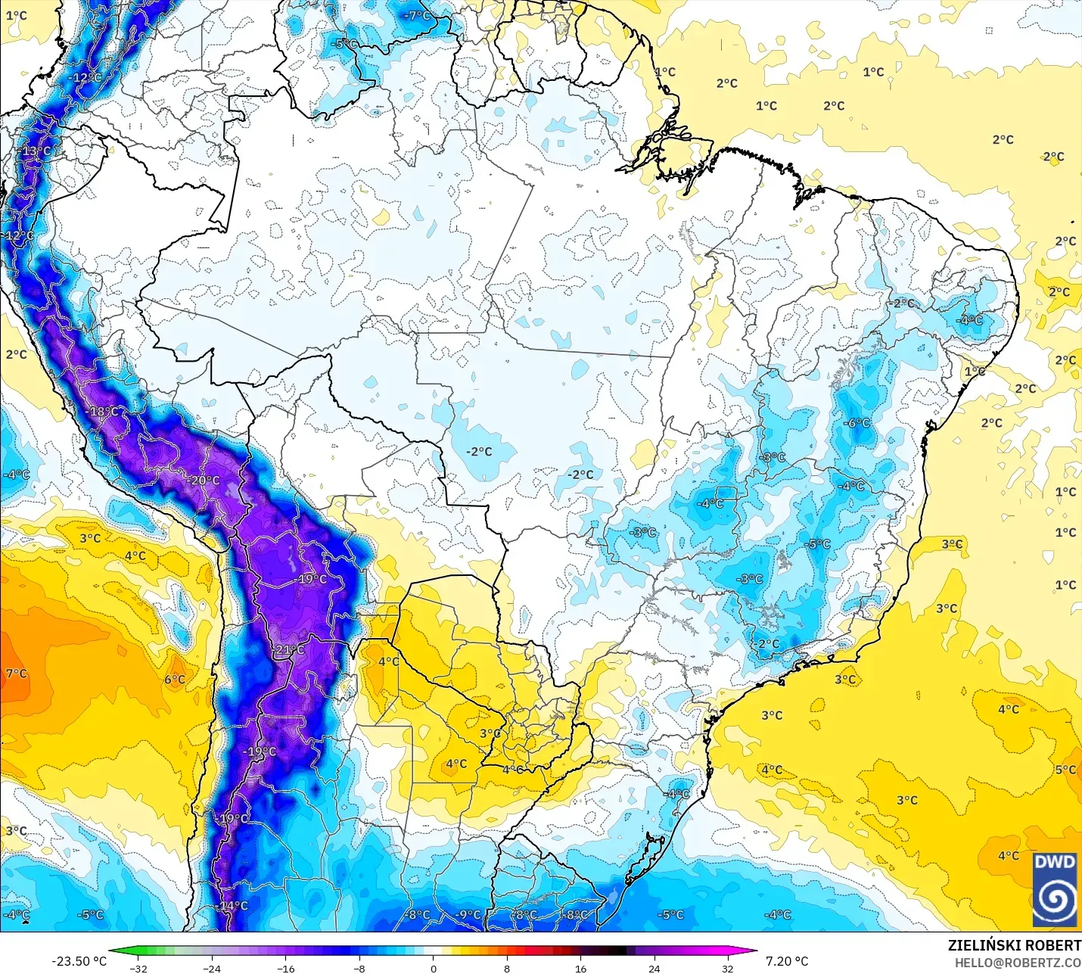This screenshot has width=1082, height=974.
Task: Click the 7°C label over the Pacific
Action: [16, 674]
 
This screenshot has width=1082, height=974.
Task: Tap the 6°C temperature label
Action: [175, 680]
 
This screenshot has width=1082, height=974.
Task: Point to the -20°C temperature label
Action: [204, 481]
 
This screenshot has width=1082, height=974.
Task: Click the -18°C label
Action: [104, 412]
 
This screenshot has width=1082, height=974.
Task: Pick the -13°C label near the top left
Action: [35, 151]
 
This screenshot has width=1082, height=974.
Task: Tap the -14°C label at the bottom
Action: [232, 906]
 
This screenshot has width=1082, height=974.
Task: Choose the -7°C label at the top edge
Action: [416, 16]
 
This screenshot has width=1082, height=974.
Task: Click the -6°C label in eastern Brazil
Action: [857, 423]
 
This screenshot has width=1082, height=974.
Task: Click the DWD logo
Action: [1055, 889]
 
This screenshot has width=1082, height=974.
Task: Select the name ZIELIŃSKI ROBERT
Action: [1014, 946]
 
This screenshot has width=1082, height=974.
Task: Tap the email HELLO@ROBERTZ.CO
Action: [1018, 963]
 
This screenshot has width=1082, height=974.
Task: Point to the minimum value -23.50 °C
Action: [79, 961]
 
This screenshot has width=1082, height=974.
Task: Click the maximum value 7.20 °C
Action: [787, 961]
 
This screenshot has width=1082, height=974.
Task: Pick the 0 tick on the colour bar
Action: [434, 968]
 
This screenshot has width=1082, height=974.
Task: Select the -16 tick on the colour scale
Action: [286, 968]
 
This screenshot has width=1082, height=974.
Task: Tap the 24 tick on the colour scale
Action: [654, 968]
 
